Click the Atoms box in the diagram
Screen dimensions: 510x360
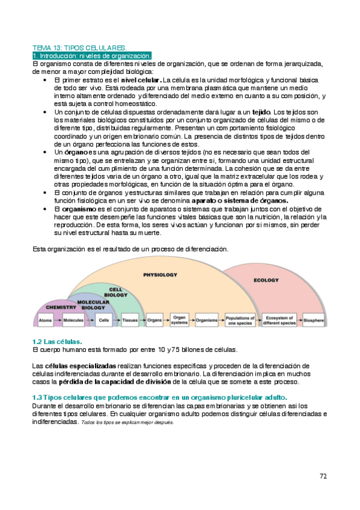45,321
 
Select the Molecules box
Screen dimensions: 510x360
73,321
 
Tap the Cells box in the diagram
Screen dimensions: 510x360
104,321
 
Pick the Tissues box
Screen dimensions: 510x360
130,321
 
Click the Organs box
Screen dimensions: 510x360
154,321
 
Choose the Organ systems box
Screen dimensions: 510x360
180,321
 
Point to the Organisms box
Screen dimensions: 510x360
207,321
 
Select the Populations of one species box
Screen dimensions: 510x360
240,321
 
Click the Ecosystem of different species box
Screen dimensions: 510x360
280,321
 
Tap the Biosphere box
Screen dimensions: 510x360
314,321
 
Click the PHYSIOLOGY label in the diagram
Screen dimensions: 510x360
160,274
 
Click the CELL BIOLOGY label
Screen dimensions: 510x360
116,292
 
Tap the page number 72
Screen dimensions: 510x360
323,476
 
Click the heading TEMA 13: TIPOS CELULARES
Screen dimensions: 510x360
79,47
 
